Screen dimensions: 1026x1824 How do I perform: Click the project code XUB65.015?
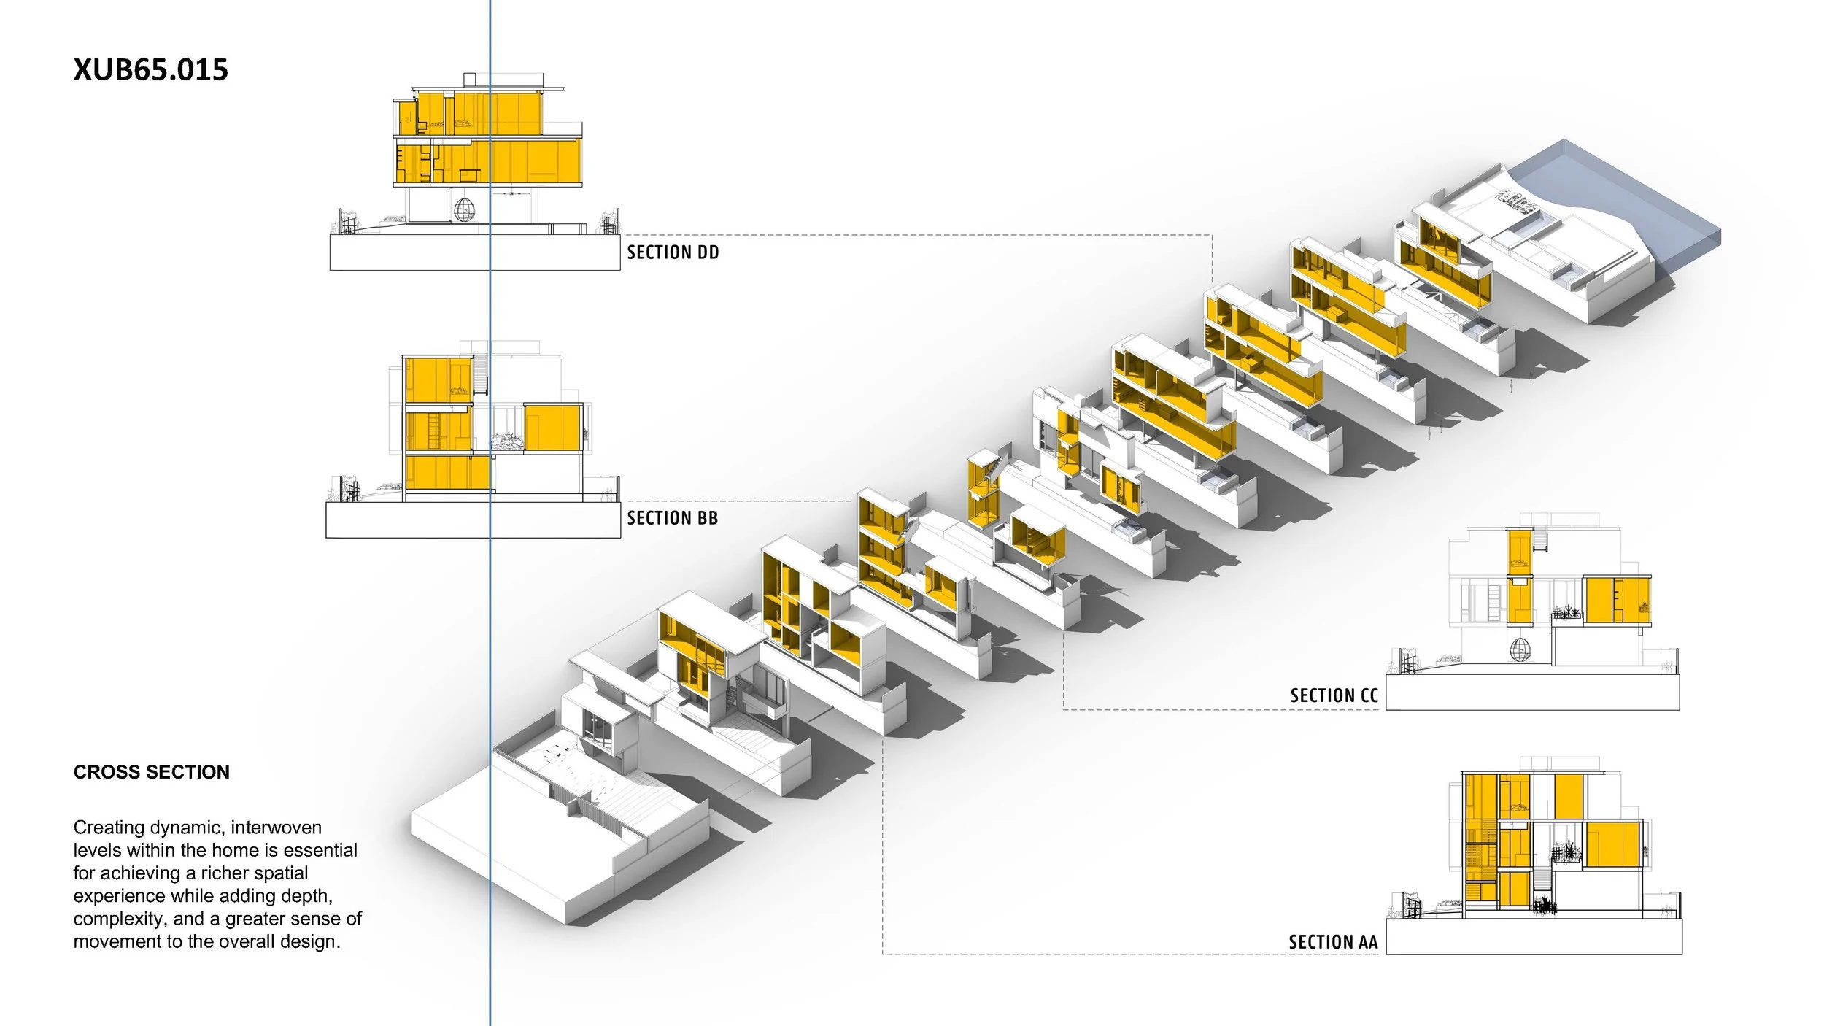(151, 70)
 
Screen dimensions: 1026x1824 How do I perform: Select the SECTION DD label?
(673, 252)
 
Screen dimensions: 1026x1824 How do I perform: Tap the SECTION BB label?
(672, 518)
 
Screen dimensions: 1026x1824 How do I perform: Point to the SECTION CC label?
(1334, 695)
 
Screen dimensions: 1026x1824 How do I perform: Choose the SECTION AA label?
(1333, 942)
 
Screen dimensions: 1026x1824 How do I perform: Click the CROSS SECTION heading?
(151, 772)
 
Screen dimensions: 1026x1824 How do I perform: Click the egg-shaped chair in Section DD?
(464, 210)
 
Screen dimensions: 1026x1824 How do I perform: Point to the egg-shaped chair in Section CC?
(1520, 649)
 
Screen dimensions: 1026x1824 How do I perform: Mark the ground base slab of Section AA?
(1534, 936)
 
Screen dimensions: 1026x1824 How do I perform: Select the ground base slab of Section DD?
(474, 252)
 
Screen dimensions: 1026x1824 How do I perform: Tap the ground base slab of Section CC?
(1532, 692)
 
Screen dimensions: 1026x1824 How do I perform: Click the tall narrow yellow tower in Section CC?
(1520, 576)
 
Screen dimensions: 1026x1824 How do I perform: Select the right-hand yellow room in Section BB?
(552, 428)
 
